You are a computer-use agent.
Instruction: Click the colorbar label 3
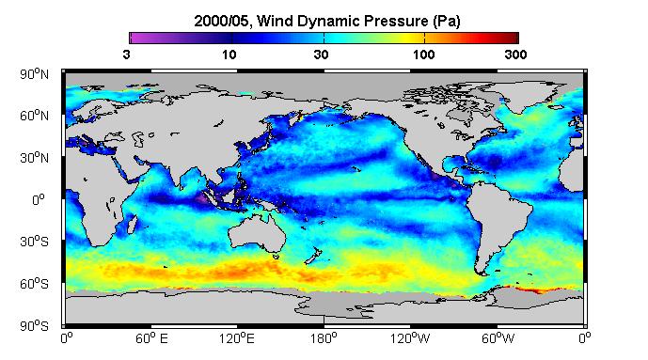point(126,55)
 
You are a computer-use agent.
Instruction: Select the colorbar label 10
point(229,55)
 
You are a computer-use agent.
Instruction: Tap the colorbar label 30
point(321,55)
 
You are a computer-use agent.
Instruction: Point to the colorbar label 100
point(424,55)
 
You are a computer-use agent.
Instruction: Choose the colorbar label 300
point(515,55)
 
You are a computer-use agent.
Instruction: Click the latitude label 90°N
point(34,74)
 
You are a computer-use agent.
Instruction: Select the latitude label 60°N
point(34,116)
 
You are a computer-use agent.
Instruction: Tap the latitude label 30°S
point(34,242)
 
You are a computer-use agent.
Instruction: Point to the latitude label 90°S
point(34,326)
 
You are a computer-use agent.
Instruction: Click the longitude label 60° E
point(151,339)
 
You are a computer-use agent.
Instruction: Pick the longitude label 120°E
point(237,339)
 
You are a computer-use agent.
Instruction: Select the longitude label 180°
point(324,339)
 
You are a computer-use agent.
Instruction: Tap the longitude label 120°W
point(410,339)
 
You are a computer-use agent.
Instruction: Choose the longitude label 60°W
point(498,339)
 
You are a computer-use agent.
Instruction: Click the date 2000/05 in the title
point(222,22)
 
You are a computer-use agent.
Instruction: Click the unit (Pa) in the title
point(447,22)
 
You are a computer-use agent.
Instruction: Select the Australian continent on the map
point(257,232)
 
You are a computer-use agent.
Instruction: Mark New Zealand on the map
point(313,256)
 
